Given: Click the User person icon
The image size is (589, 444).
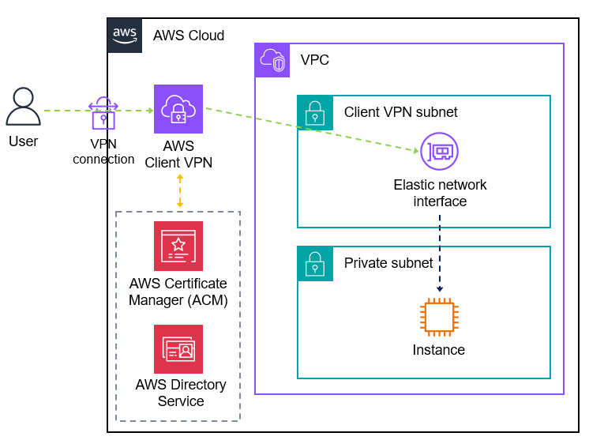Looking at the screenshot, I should pos(23,107).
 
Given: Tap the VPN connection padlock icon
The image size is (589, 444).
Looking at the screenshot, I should pos(103,114).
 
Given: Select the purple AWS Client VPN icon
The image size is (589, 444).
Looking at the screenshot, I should pos(178,109).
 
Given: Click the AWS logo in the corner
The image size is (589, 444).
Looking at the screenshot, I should pos(125,35).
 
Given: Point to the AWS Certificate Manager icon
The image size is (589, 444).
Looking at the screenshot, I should pos(178,246).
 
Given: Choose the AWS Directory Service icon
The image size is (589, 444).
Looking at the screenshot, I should pos(178,349).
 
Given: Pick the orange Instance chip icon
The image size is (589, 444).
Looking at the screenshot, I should pos(439,318).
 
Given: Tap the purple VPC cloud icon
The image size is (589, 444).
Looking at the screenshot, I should pos(272,60).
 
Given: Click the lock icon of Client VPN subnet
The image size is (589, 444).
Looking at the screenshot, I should pos(314,112).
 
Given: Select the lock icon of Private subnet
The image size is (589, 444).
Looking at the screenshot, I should pos(314,263).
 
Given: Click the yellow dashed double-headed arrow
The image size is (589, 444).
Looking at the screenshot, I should pos(180,190).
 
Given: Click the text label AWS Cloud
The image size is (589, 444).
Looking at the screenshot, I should pos(189,36).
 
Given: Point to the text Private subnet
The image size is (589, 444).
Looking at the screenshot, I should pos(388,263).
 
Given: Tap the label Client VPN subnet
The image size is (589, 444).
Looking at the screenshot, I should pos(400,112).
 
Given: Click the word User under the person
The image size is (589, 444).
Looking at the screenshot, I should pos(23,142).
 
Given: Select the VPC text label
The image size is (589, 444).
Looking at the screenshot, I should pos(315,60).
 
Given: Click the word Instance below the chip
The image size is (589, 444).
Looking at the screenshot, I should pos(439,350).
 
